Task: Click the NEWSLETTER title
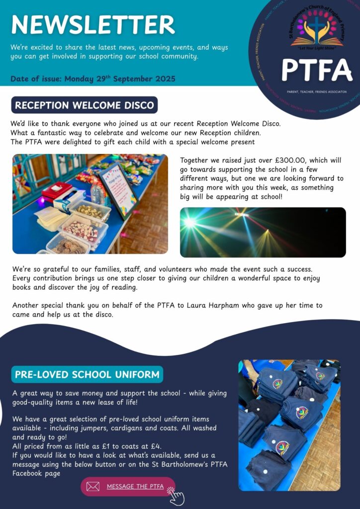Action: [x=93, y=24]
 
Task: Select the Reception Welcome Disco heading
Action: [x=84, y=105]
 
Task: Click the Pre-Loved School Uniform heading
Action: [x=87, y=374]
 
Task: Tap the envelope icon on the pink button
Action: [x=93, y=487]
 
